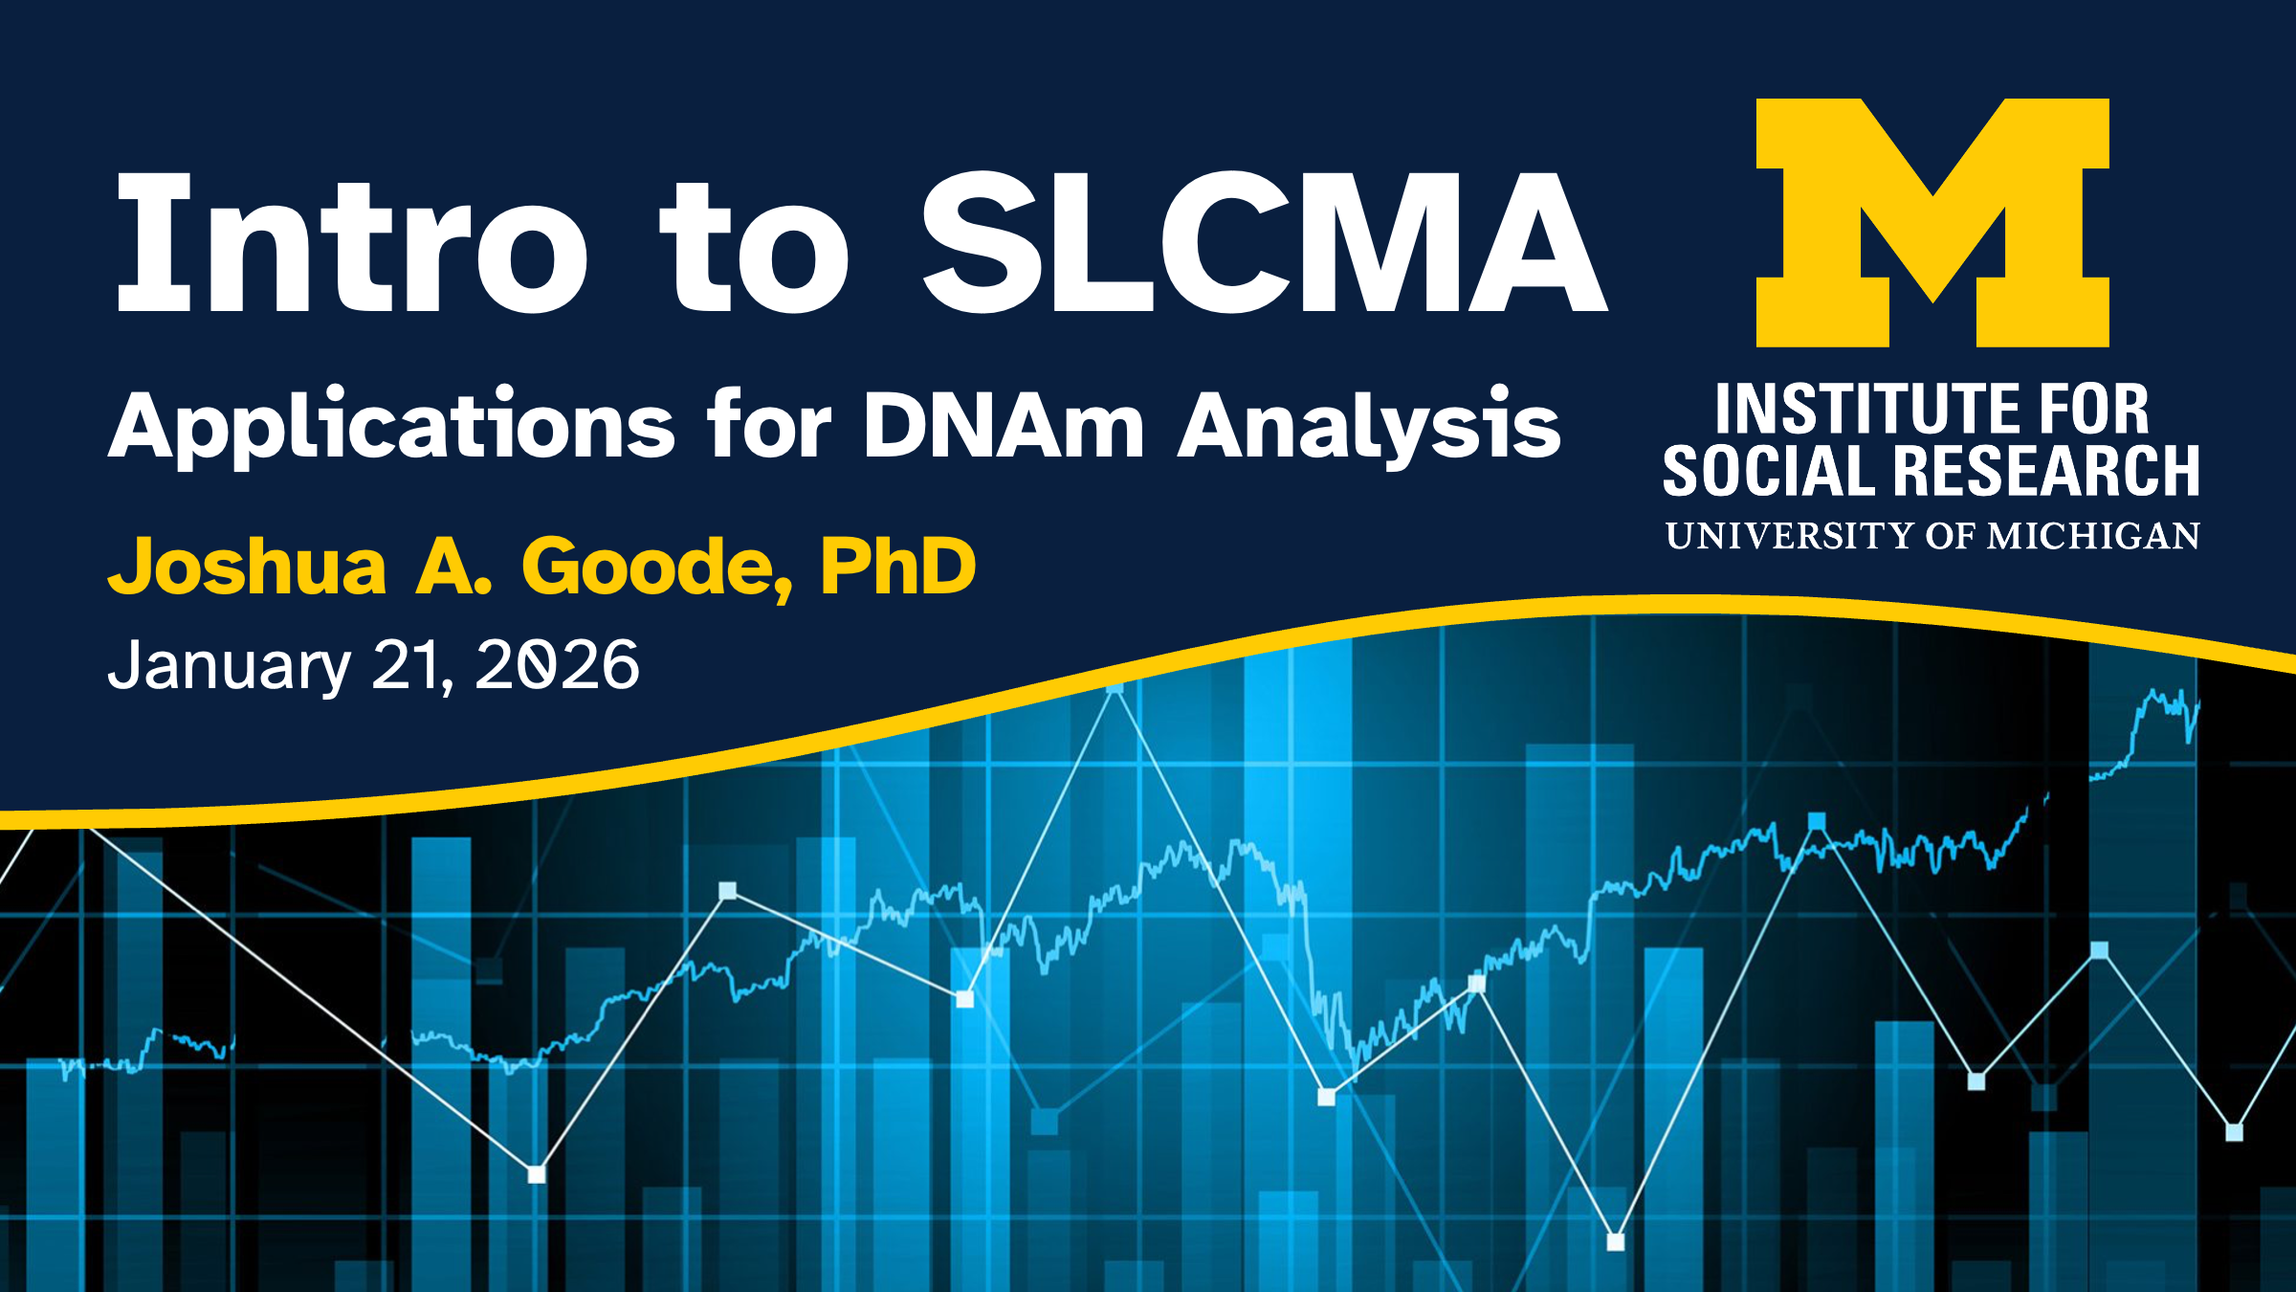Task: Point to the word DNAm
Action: coord(1004,425)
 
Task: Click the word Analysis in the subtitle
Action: coord(1369,427)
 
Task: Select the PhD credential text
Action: coord(898,566)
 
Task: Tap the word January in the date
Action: coord(230,665)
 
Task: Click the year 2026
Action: coord(558,664)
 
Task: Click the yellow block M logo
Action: coord(1932,222)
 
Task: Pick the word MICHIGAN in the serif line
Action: coord(2093,536)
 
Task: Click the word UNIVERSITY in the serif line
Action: coord(1790,536)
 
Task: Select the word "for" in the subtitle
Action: coord(770,423)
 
